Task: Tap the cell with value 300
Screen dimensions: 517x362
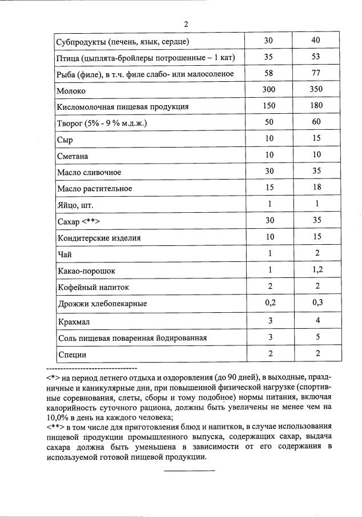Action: [x=268, y=89]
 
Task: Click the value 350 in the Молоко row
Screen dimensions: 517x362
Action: [x=316, y=89]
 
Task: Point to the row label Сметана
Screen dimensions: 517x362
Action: [x=73, y=156]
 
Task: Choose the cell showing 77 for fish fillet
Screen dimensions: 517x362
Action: [x=316, y=73]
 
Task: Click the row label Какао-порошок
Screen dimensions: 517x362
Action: [x=82, y=271]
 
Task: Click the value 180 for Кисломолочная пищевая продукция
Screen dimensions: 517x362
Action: [x=316, y=106]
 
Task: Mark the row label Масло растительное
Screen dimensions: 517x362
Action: [x=95, y=189]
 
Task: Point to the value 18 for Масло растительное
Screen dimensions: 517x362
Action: [x=316, y=187]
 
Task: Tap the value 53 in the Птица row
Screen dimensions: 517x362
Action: [x=316, y=57]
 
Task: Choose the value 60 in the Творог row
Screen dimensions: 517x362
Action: [x=316, y=122]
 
